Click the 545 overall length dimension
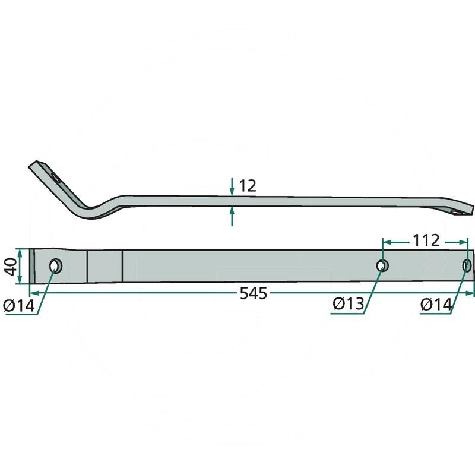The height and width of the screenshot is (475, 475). coord(254,293)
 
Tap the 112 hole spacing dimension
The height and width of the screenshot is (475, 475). coord(426,240)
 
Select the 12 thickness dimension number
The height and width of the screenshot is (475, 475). coord(248,186)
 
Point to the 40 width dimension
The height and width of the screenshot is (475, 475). coord(12,266)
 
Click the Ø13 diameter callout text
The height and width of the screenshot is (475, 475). coord(348,304)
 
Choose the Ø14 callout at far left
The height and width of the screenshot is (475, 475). coord(19,305)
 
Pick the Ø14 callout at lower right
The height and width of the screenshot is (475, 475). coord(436,305)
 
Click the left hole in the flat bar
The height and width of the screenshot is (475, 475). coord(56,265)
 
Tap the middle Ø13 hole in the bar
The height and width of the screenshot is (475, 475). coord(382,265)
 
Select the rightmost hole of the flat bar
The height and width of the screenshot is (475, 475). coord(467,265)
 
